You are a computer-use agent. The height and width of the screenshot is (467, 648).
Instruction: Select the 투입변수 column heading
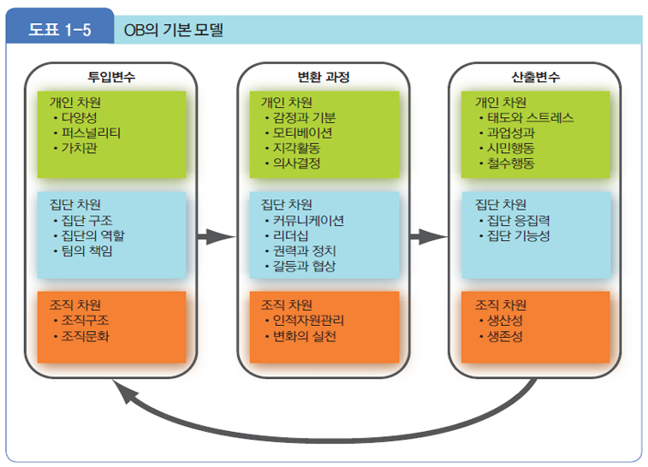[111, 77]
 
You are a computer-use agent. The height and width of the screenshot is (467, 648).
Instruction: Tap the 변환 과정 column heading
[323, 77]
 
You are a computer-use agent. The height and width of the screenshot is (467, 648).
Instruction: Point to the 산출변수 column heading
[536, 77]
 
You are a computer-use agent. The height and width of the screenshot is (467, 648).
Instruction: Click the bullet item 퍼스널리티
[92, 133]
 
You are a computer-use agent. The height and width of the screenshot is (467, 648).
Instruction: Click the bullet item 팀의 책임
[87, 251]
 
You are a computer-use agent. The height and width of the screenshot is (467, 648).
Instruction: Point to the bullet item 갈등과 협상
[304, 266]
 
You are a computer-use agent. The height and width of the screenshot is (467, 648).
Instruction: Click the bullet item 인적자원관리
[308, 321]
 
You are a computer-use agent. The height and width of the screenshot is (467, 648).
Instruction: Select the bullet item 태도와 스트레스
[531, 118]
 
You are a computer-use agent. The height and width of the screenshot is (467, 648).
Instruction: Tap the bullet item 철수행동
[511, 163]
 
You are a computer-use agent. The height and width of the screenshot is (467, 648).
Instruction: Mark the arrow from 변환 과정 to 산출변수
[427, 237]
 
